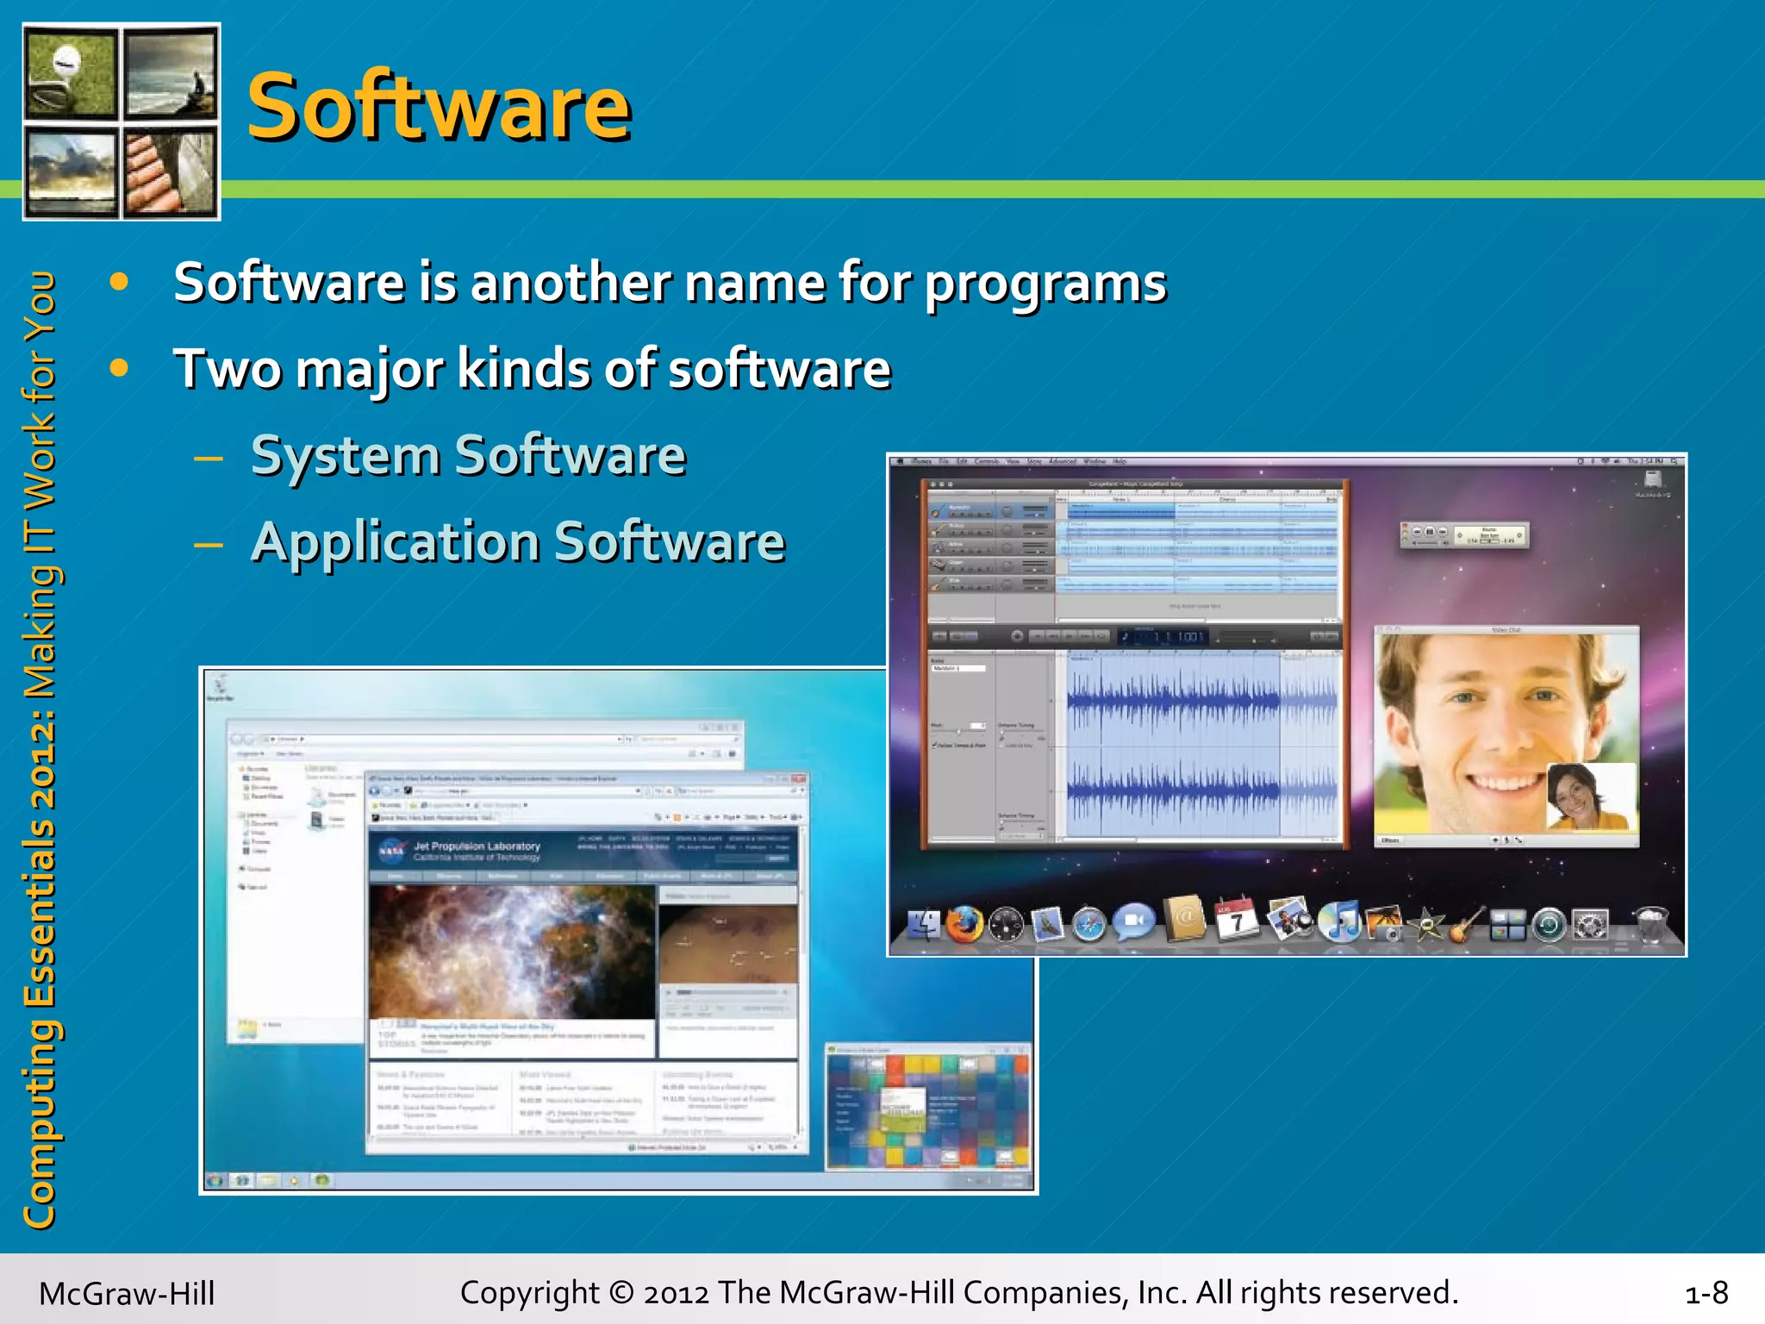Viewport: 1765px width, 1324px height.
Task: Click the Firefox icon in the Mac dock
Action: click(x=964, y=924)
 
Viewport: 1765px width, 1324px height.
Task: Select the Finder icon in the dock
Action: click(x=923, y=925)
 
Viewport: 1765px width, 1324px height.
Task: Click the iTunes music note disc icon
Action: click(x=1339, y=921)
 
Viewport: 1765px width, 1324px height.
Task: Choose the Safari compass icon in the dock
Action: click(x=1089, y=925)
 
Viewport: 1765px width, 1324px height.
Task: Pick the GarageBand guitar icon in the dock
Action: click(x=1466, y=924)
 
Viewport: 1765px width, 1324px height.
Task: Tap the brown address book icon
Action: click(x=1186, y=919)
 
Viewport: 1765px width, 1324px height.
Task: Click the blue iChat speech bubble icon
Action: click(x=1134, y=922)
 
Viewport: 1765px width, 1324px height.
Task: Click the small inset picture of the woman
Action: click(x=1591, y=796)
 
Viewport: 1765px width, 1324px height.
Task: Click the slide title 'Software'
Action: click(x=440, y=107)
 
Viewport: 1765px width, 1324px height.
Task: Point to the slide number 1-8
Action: click(x=1706, y=1292)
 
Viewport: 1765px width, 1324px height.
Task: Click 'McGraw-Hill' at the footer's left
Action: click(x=127, y=1293)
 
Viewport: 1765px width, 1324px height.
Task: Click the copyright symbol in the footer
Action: click(x=621, y=1292)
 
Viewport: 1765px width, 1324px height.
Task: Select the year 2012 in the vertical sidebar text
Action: click(x=39, y=759)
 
